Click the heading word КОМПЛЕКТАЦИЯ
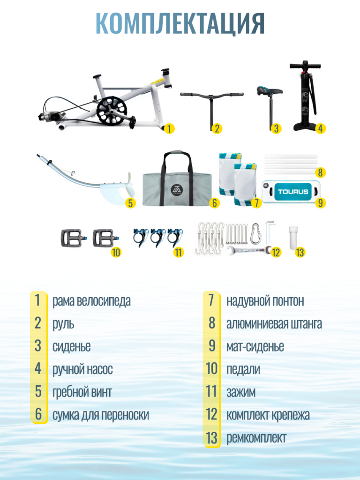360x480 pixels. coord(180,23)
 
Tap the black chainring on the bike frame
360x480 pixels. coord(112,111)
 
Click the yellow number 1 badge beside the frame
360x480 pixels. coord(169,128)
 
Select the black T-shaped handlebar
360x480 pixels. coord(212,104)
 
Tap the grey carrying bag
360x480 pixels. coord(177,179)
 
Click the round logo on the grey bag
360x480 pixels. coord(177,190)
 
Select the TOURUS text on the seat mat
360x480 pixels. coord(293,192)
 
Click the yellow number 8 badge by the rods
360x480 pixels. coord(320,172)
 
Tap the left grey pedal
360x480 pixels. coord(71,238)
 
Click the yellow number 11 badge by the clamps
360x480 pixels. coord(178,252)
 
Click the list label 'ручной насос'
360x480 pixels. coord(82,369)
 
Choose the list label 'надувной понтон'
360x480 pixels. coord(265,300)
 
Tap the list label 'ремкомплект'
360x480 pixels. coord(256,438)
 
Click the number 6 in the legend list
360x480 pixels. coord(38,414)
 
